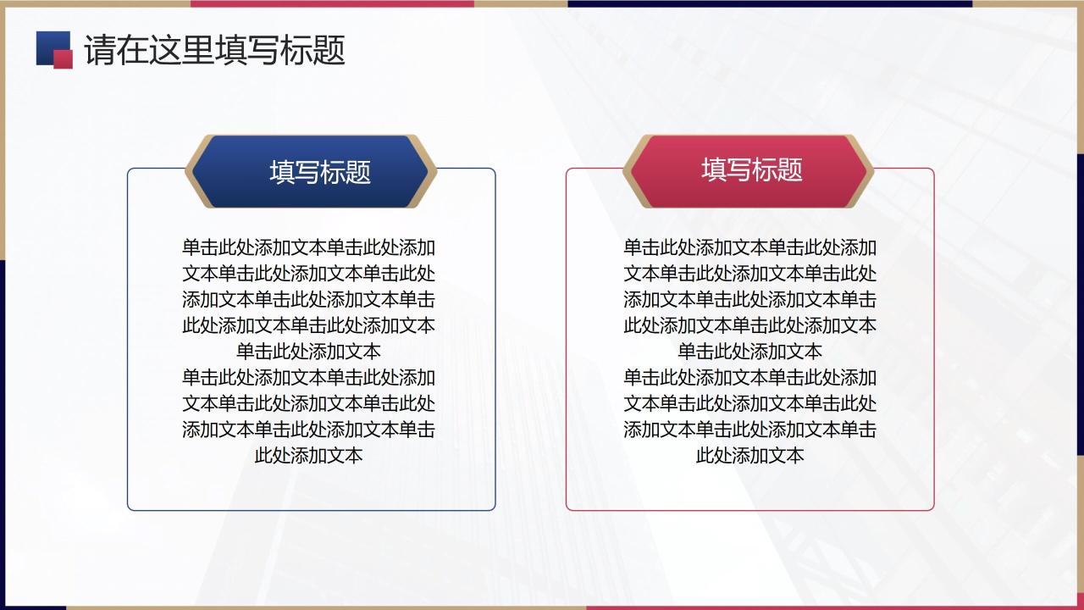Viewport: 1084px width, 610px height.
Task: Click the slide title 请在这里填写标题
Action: [214, 51]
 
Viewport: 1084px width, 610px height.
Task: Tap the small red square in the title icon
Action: [64, 58]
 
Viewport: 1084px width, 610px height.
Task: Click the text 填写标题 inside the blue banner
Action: [320, 172]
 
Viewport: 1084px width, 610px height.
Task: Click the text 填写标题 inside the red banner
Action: [751, 169]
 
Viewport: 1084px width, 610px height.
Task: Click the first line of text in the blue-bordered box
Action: [308, 248]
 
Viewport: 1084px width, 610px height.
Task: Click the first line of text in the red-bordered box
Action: [749, 248]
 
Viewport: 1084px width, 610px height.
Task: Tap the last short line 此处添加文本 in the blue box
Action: [308, 455]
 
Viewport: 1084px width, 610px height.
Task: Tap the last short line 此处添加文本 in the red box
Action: [749, 455]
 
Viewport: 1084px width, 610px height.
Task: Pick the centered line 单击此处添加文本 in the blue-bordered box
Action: [308, 352]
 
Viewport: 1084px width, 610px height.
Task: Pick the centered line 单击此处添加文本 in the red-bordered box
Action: [749, 352]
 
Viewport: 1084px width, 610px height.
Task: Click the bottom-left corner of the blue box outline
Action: [130, 508]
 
